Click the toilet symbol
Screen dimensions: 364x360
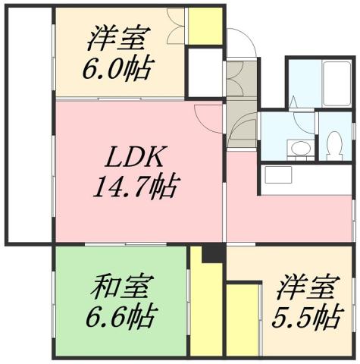click(x=334, y=143)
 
